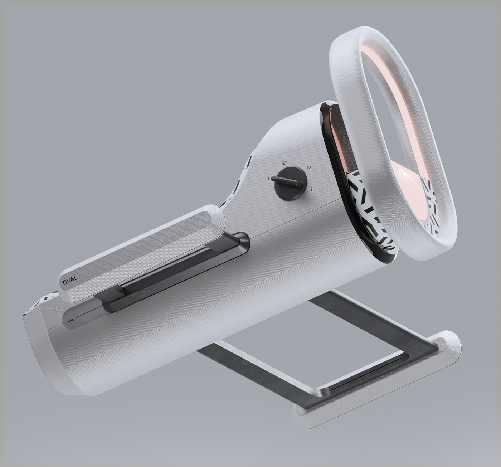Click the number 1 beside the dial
(x=268, y=178)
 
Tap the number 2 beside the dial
(x=312, y=189)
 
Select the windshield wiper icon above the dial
(x=284, y=163)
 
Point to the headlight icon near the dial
(x=309, y=167)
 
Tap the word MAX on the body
(x=70, y=321)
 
